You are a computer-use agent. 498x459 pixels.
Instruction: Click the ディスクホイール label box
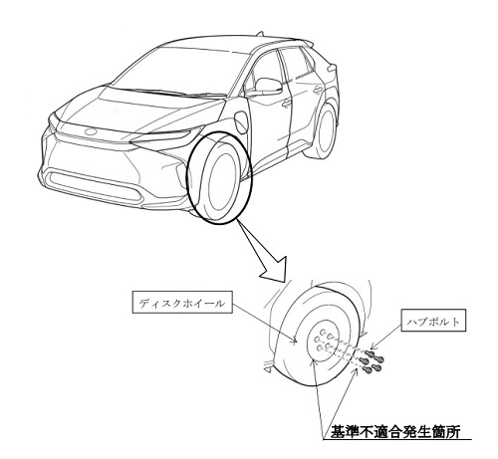click(182, 302)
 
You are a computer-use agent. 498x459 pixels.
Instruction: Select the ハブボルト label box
click(433, 321)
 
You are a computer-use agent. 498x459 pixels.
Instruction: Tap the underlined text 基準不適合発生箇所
click(395, 432)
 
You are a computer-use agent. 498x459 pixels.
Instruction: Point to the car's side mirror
click(268, 86)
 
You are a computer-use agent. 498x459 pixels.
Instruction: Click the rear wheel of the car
click(324, 130)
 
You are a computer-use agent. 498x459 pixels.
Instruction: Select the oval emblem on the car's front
click(90, 131)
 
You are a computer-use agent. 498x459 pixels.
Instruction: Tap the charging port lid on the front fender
click(240, 121)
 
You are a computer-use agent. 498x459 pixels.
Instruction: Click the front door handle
click(286, 104)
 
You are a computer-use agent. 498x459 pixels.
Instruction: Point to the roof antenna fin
click(260, 34)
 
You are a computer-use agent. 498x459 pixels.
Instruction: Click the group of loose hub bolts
click(373, 360)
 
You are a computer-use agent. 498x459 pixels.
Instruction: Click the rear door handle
click(318, 90)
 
